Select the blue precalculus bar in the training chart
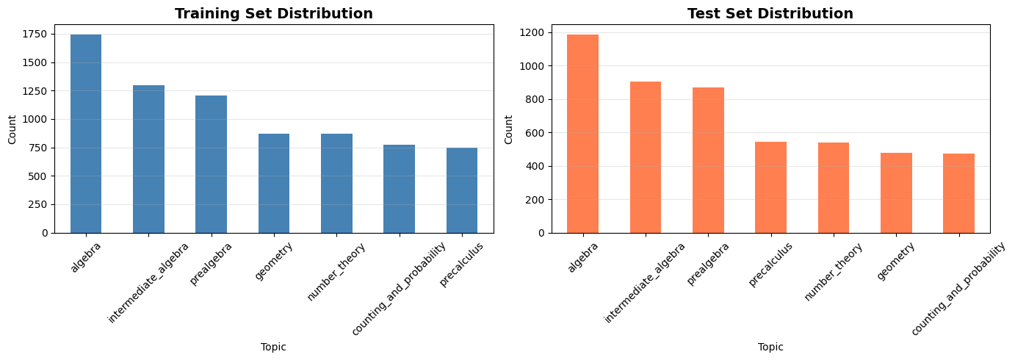click(462, 190)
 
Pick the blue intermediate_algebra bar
click(148, 159)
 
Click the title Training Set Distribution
click(274, 13)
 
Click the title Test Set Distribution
click(770, 13)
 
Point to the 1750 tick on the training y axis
click(40, 34)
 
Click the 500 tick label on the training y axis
click(43, 176)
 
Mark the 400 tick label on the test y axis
click(540, 166)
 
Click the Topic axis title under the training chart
click(274, 347)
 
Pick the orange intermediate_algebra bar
click(646, 157)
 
